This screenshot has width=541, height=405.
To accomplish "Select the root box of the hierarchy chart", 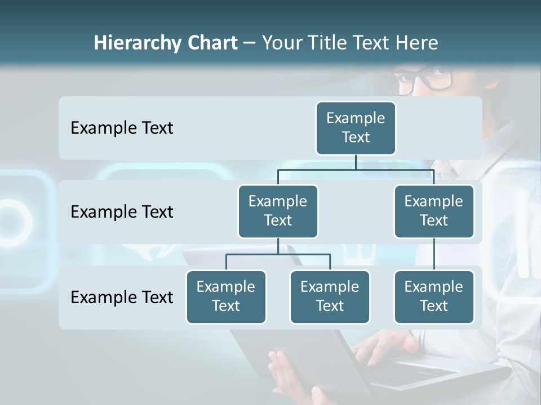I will [x=356, y=128].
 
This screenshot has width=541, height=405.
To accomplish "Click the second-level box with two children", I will [x=278, y=211].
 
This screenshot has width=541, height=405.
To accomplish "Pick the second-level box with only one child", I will [x=434, y=211].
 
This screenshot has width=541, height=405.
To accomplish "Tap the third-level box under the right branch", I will [x=434, y=296].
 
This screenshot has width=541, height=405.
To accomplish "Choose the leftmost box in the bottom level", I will [x=226, y=296].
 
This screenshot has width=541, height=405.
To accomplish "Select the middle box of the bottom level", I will [x=330, y=296].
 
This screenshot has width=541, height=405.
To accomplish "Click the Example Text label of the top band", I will [x=122, y=128].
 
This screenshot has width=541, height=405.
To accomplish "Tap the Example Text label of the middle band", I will [x=122, y=212].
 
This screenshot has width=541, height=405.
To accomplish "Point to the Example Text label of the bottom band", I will [x=122, y=297].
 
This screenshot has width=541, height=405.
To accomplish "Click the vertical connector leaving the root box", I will [x=356, y=162].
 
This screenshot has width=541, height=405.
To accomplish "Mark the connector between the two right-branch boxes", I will [x=434, y=254].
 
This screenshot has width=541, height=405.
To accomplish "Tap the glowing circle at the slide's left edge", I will [x=11, y=219].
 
